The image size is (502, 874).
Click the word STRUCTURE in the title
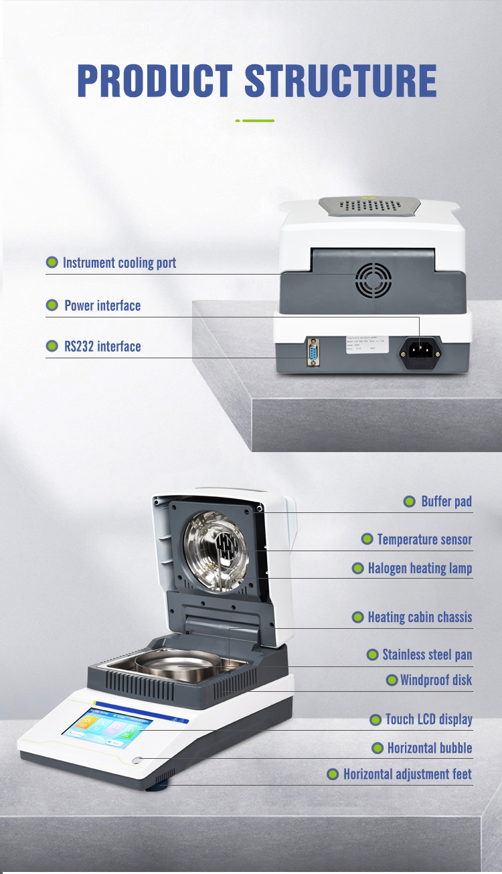click(341, 81)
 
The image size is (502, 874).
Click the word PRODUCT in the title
click(155, 81)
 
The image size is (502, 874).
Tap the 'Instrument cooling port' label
click(119, 263)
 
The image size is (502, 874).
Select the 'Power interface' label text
click(102, 306)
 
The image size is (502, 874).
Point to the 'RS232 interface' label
click(102, 346)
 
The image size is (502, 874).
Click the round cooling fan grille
click(373, 280)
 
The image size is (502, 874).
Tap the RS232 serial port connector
click(313, 352)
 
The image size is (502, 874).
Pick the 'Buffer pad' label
click(446, 502)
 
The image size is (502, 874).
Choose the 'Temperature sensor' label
click(424, 540)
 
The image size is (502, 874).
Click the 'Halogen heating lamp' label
click(420, 569)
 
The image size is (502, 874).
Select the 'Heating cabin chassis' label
click(420, 617)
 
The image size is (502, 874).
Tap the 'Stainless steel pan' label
click(427, 654)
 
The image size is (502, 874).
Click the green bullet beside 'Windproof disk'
click(393, 680)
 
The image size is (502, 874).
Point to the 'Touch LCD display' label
click(428, 720)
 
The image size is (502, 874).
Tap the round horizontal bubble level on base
click(138, 761)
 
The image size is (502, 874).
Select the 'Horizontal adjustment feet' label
click(407, 775)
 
